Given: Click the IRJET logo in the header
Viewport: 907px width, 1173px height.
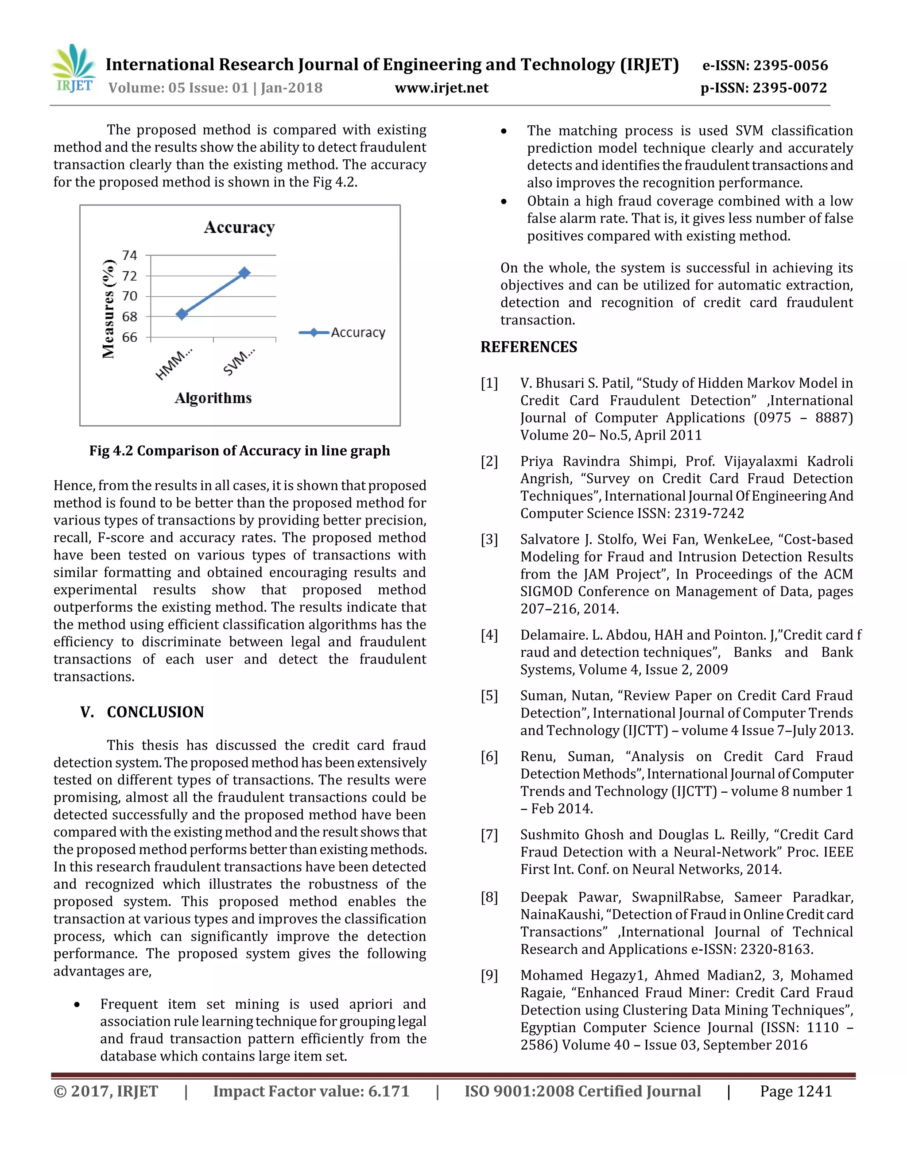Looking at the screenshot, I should [x=74, y=69].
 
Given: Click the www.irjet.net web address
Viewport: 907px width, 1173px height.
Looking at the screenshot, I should [x=441, y=88].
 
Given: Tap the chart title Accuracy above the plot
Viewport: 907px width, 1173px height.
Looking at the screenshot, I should [x=239, y=228].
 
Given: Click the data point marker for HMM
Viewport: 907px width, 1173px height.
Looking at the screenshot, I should [x=182, y=314].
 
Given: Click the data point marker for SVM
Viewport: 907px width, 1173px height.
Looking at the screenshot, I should [x=244, y=273].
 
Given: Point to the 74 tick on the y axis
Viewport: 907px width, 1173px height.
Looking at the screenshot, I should [x=129, y=255].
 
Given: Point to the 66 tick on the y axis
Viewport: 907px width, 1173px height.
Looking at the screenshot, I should [x=129, y=337].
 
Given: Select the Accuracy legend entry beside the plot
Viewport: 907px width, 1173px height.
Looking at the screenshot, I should [x=358, y=333].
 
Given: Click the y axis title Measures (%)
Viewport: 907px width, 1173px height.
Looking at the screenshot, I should [x=109, y=309].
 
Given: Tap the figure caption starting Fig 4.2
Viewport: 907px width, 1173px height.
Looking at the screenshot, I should [x=240, y=451].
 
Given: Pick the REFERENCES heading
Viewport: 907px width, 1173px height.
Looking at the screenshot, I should [x=528, y=347].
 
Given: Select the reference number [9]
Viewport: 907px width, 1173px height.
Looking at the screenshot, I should [x=489, y=975].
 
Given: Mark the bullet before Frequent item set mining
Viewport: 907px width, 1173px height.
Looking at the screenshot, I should [x=78, y=1005].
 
